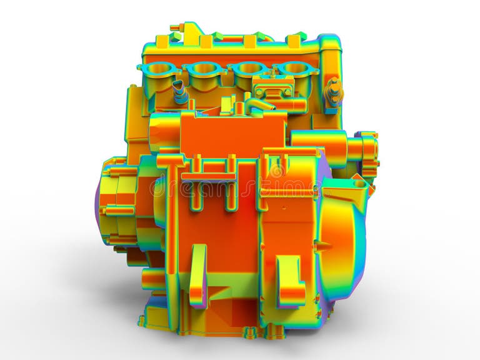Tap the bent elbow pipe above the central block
tap(257, 104)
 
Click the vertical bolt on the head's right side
tap(334, 91)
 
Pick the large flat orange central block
tap(232, 134)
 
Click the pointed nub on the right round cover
tap(359, 181)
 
